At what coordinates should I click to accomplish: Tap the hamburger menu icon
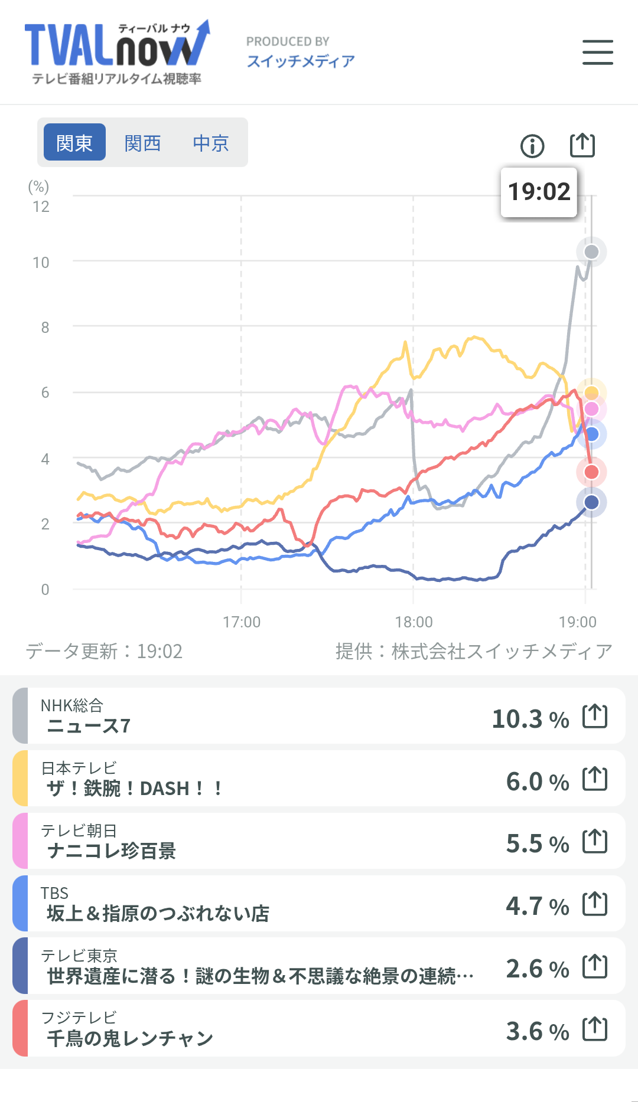(598, 52)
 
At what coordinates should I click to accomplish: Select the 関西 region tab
(142, 143)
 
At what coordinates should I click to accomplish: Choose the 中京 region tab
(211, 143)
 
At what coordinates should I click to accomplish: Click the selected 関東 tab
(75, 142)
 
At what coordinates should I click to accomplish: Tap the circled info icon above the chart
(532, 146)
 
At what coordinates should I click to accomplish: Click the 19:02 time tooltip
(539, 192)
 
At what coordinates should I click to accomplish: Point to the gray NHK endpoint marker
(591, 252)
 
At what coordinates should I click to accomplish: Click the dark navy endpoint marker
(591, 502)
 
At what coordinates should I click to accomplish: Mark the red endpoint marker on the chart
(591, 472)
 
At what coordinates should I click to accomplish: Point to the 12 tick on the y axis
(41, 207)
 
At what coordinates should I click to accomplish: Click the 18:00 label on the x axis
(414, 622)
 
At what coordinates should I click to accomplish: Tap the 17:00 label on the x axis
(242, 622)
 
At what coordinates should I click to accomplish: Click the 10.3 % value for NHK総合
(530, 719)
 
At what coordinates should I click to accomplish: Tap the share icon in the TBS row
(595, 904)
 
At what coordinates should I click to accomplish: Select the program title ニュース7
(89, 726)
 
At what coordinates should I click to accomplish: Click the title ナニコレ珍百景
(112, 851)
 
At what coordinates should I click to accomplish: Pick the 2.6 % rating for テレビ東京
(538, 969)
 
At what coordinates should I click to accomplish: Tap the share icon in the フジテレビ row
(595, 1029)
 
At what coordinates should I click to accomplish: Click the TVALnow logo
(117, 53)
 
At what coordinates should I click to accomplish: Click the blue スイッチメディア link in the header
(301, 61)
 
